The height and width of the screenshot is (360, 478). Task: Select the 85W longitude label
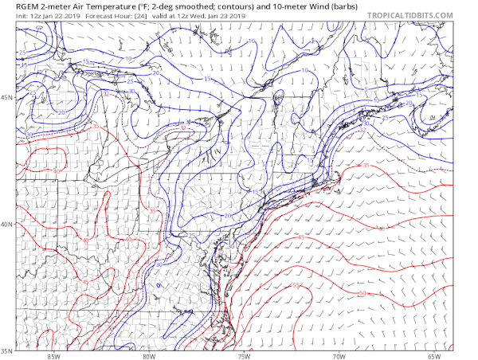click(x=54, y=355)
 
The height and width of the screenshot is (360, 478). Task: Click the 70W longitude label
click(x=339, y=355)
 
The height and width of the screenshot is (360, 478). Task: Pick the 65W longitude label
click(x=433, y=355)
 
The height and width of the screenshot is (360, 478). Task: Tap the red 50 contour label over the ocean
click(x=362, y=294)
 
